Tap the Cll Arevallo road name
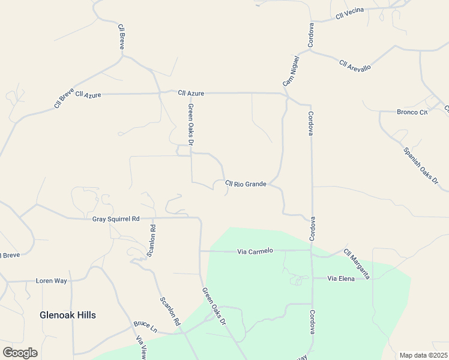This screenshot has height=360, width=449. click(x=355, y=65)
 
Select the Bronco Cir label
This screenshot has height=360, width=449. click(x=412, y=112)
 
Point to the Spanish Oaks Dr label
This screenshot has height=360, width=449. click(x=421, y=166)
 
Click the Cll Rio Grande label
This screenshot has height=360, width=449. click(x=246, y=184)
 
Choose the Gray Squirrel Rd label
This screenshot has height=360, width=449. click(x=116, y=219)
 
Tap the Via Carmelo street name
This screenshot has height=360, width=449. click(x=255, y=251)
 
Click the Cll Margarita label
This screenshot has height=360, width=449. click(x=357, y=264)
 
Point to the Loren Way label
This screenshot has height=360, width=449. click(x=51, y=280)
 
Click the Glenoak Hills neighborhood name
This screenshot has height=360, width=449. click(x=68, y=315)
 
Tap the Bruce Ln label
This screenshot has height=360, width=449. click(x=145, y=326)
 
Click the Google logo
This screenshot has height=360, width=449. click(x=20, y=353)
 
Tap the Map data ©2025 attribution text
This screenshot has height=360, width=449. click(x=423, y=355)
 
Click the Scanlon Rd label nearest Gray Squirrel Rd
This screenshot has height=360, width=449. click(x=152, y=241)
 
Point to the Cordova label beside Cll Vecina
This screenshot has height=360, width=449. click(x=311, y=35)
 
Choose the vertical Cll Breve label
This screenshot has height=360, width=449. click(x=121, y=37)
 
